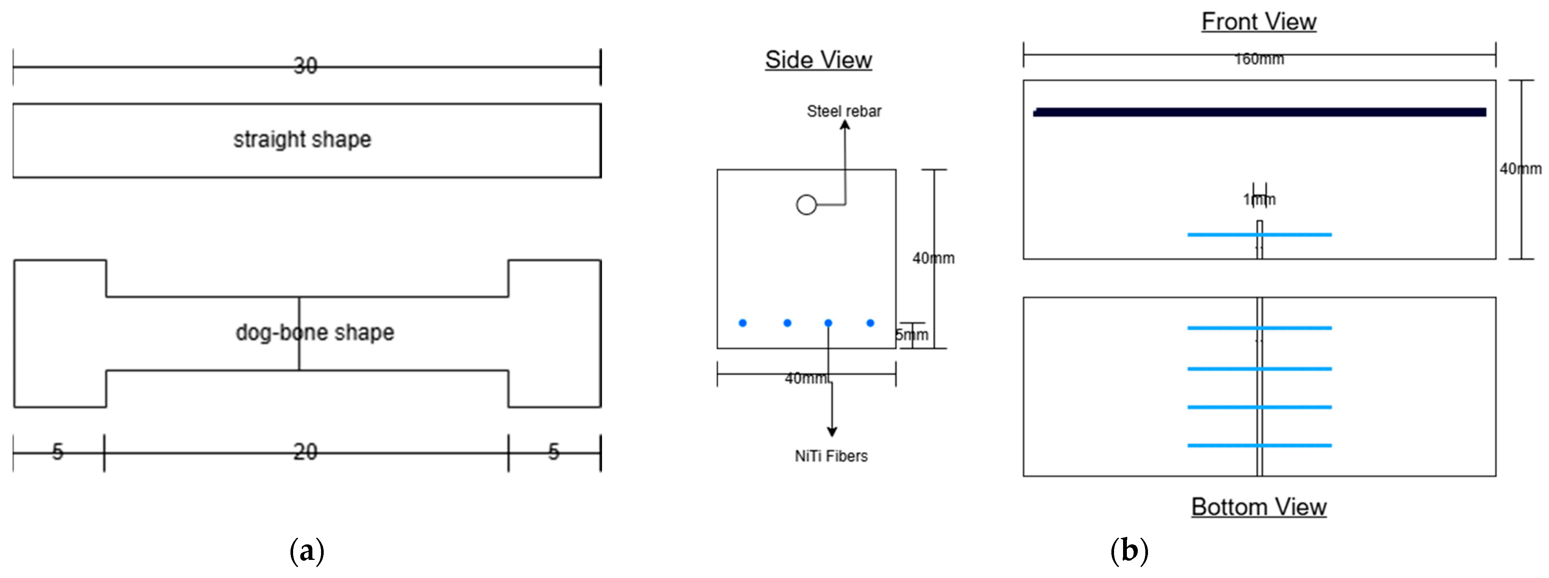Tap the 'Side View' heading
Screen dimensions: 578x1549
tap(818, 60)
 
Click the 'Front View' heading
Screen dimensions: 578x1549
tap(1259, 22)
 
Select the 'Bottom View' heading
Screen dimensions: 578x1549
tap(1259, 507)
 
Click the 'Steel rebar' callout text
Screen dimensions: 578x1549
tap(844, 111)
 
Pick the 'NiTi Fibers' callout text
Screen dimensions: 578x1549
tap(831, 456)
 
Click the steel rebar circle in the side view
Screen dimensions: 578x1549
tap(806, 205)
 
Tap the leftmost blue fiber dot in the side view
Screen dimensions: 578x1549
tap(743, 323)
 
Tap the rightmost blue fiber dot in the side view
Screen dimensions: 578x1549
tap(870, 323)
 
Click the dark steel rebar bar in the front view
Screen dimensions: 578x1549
tap(1259, 112)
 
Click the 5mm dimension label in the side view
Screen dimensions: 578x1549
tap(912, 334)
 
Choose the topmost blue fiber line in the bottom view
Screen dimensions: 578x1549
tap(1227, 328)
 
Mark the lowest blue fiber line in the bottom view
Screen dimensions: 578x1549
tap(1227, 445)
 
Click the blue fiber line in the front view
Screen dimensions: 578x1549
tap(1227, 234)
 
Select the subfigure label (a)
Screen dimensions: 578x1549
tap(307, 550)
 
